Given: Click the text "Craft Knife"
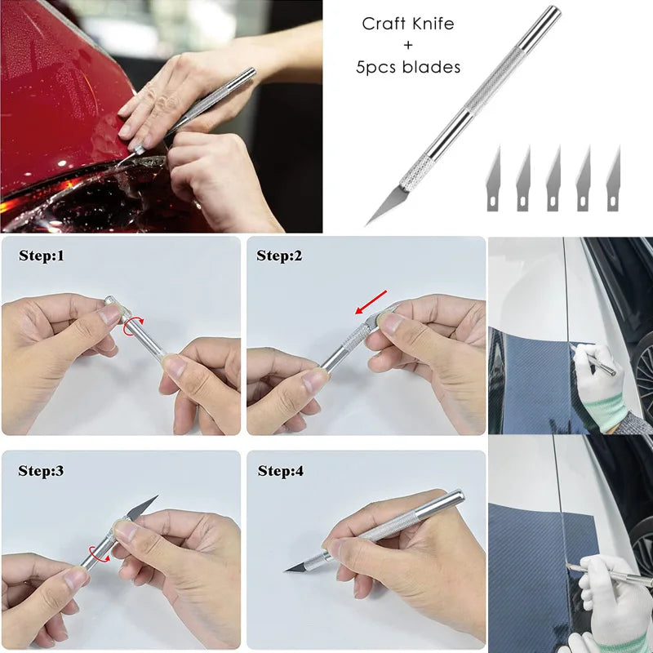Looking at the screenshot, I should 407,24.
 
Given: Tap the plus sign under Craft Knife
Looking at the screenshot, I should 407,45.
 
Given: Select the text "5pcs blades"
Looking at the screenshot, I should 407,67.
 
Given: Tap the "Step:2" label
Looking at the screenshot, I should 279,256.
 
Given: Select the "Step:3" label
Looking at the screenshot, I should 41,471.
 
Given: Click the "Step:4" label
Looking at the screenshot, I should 281,471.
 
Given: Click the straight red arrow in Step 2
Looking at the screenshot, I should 371,301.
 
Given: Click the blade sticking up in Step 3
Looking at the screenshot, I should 141,507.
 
